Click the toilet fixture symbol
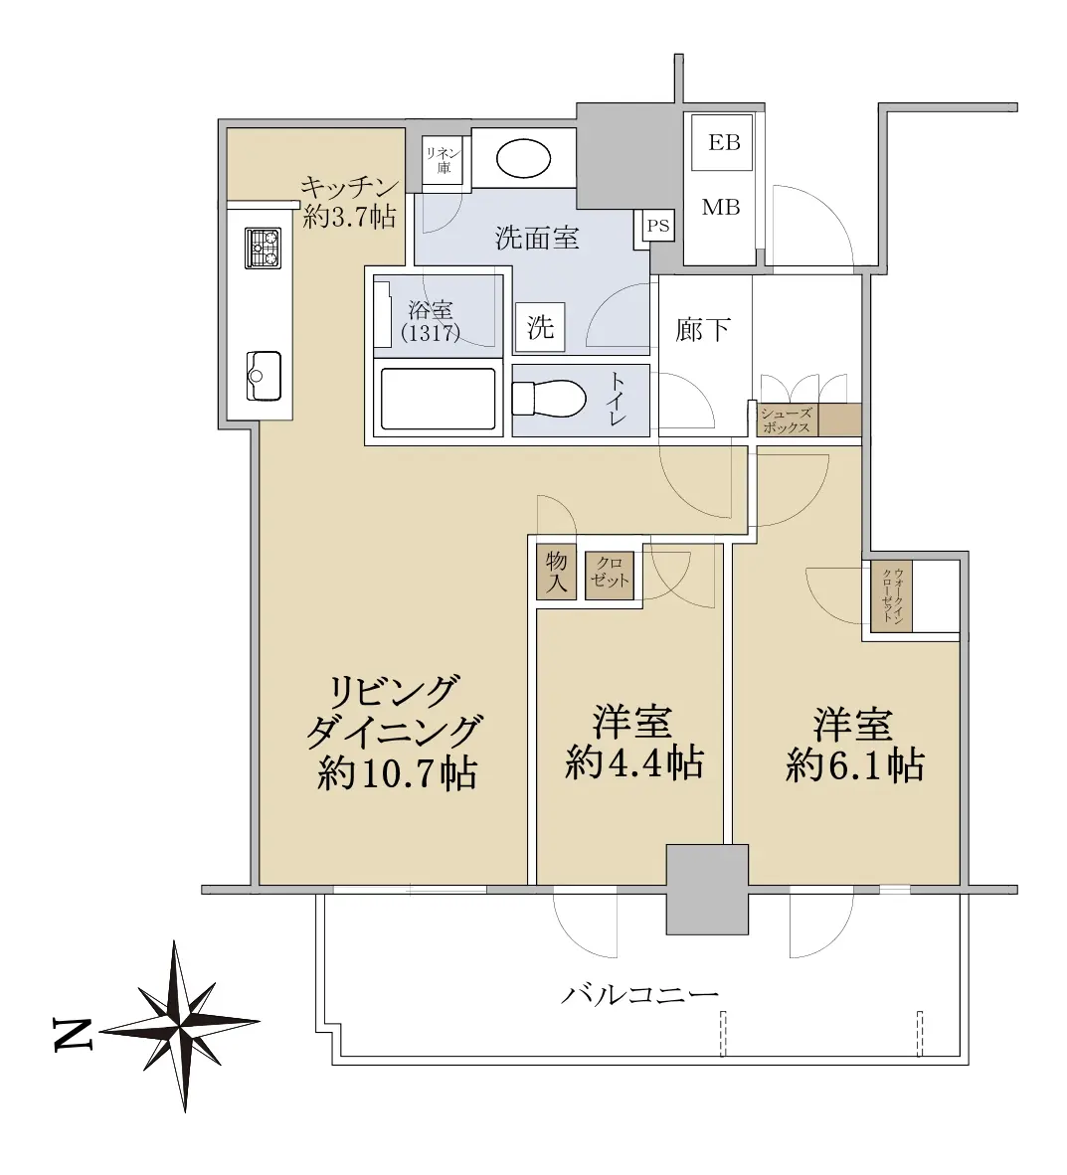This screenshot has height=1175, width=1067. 548,398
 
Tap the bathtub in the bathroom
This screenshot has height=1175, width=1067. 438,399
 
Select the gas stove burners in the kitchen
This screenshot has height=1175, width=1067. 263,249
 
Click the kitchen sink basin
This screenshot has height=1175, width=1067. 264,376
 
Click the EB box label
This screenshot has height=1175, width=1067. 724,141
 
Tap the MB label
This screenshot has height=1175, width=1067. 721,207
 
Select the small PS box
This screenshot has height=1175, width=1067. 657,226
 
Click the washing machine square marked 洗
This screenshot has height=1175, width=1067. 540,327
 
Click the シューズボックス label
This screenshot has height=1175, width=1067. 785,420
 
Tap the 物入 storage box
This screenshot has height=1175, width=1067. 556,572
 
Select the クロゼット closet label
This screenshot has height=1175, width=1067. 609,573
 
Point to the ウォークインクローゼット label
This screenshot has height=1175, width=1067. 892,596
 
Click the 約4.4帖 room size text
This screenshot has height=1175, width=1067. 633,763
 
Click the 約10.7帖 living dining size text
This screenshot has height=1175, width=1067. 397,771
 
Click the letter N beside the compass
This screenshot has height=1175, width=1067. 74,1035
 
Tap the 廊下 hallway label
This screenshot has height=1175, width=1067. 703,330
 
